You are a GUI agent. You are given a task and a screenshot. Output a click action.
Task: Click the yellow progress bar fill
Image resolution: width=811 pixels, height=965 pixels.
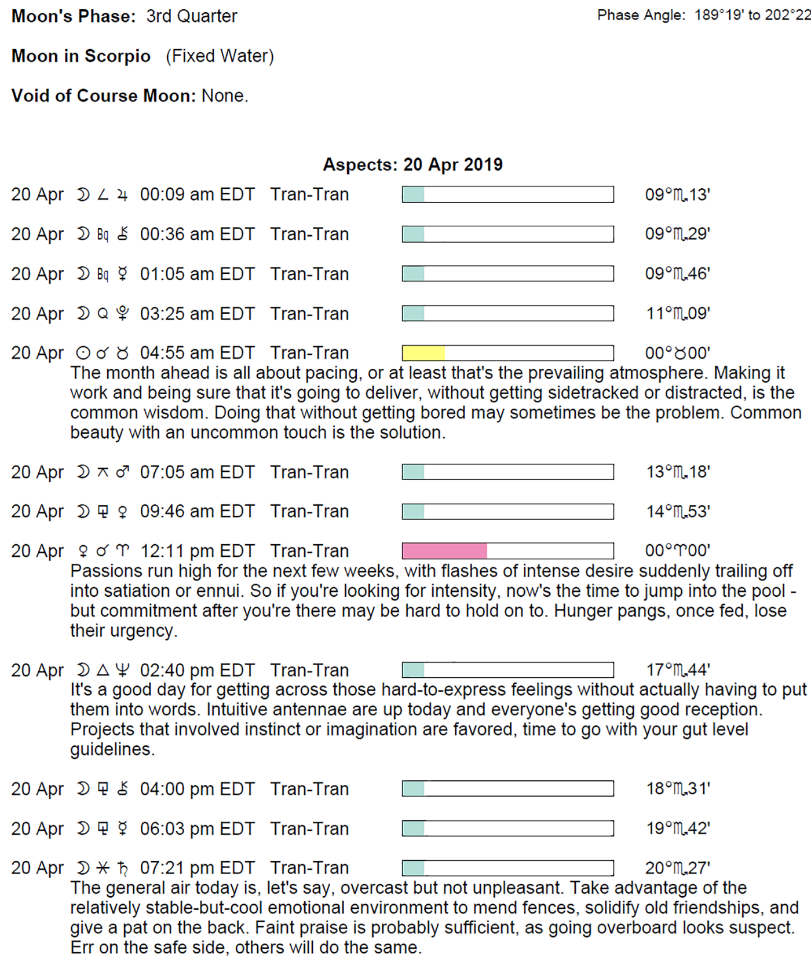click(x=423, y=353)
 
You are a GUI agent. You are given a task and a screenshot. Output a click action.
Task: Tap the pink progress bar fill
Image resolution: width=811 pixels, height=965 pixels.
click(x=444, y=551)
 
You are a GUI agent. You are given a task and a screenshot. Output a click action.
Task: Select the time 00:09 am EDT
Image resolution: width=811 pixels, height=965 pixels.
click(x=197, y=195)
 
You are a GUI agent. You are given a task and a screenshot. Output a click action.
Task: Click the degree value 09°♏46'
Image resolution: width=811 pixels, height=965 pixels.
click(x=677, y=274)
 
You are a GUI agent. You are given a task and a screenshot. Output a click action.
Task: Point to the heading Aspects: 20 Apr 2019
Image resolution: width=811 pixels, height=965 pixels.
click(x=412, y=165)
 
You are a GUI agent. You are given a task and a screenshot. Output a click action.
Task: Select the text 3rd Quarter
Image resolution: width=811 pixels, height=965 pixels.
click(x=191, y=16)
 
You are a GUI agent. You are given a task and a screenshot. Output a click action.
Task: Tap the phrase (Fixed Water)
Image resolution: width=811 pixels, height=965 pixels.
click(x=220, y=56)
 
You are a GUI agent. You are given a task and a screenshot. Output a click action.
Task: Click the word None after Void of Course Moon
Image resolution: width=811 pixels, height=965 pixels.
click(x=224, y=96)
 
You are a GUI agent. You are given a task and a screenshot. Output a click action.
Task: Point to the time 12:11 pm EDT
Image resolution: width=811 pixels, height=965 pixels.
click(x=197, y=551)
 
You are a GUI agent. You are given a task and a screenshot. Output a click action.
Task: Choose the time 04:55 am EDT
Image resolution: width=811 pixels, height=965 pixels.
click(x=197, y=353)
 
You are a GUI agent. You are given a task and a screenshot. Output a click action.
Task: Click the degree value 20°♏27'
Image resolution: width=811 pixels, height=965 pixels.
click(x=677, y=868)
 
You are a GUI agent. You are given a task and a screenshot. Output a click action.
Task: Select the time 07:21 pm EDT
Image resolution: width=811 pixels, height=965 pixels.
click(x=197, y=868)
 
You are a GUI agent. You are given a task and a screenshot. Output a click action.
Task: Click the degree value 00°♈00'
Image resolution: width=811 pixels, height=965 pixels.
click(x=677, y=551)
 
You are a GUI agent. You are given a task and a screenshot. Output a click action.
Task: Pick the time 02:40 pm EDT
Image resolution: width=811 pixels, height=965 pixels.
click(x=197, y=670)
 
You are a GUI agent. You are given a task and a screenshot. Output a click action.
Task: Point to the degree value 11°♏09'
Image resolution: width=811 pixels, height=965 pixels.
click(x=677, y=314)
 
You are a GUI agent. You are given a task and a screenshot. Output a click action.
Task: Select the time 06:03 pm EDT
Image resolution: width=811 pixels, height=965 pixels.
click(x=197, y=828)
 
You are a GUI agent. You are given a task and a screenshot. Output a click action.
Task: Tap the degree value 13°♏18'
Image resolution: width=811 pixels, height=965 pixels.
click(x=677, y=472)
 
